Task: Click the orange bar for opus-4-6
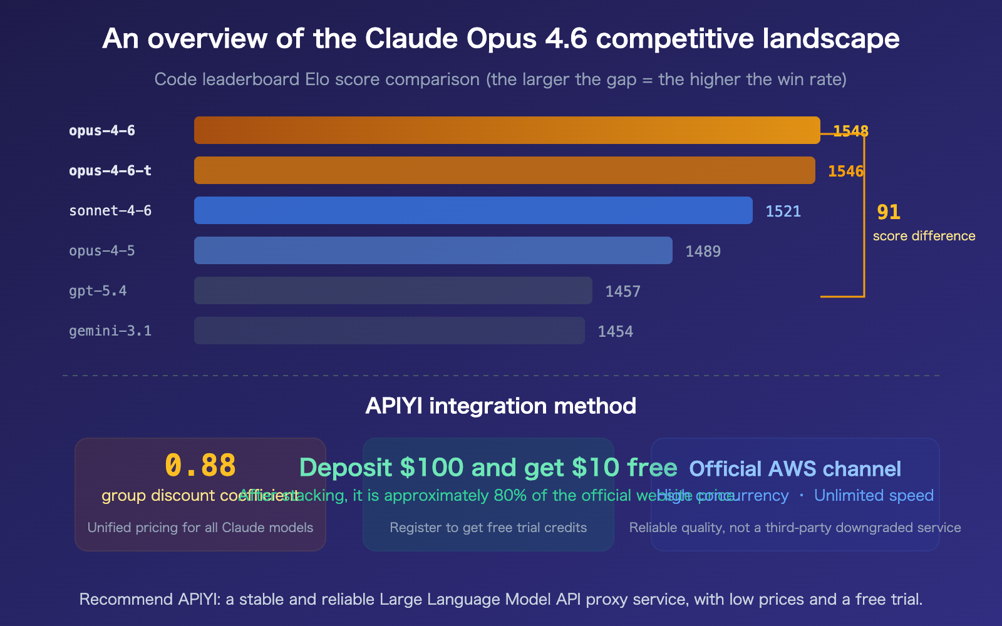click(x=507, y=130)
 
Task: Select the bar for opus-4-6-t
click(x=504, y=170)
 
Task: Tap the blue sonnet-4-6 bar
click(x=473, y=210)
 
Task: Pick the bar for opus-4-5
click(x=433, y=250)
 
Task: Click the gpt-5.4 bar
click(x=393, y=290)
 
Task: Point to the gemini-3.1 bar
click(x=389, y=331)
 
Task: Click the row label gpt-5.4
click(x=98, y=291)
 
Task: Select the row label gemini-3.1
click(x=110, y=331)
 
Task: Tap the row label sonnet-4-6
click(x=110, y=211)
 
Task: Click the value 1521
click(x=783, y=212)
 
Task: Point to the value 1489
click(x=703, y=252)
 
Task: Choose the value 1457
click(x=622, y=292)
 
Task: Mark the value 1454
click(x=615, y=332)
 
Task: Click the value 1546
click(x=845, y=172)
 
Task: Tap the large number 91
click(x=888, y=212)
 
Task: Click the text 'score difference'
click(x=924, y=236)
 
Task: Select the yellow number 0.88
click(x=200, y=466)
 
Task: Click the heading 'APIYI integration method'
click(x=501, y=406)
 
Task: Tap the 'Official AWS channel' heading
click(x=795, y=469)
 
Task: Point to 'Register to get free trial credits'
click(x=488, y=528)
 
